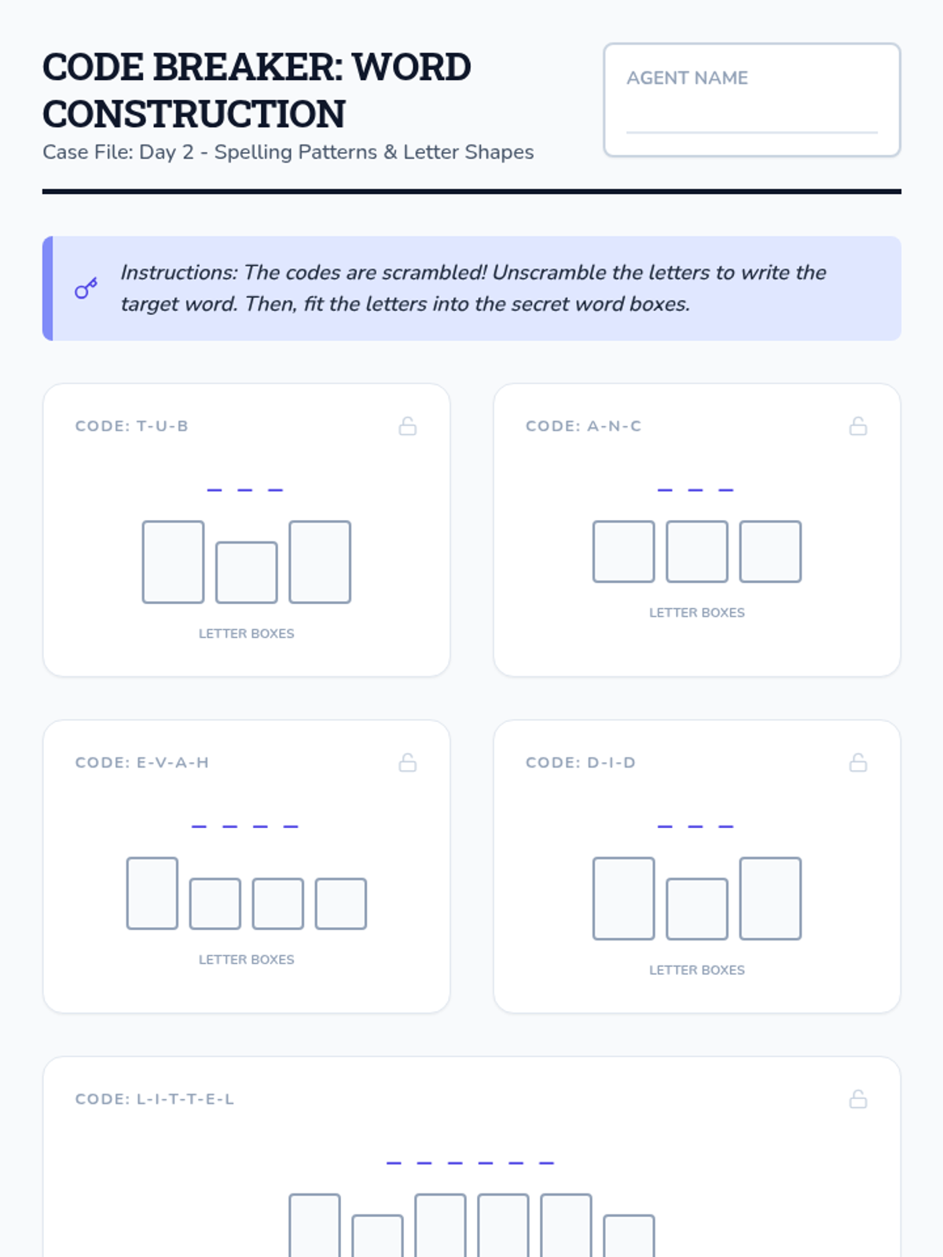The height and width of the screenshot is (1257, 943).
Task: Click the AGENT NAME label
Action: point(687,78)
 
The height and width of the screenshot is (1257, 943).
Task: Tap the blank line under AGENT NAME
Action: point(752,132)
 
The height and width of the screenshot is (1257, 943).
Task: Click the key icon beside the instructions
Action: point(86,288)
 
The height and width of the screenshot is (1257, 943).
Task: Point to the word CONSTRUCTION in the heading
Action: point(194,113)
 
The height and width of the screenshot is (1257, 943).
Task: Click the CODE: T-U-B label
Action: point(132,426)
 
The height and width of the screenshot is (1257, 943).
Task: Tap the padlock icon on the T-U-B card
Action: point(408,426)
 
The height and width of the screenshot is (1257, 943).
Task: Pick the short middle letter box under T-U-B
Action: point(246,572)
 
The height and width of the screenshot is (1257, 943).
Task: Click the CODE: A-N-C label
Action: point(583,426)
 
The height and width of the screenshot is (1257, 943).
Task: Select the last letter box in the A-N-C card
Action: point(770,552)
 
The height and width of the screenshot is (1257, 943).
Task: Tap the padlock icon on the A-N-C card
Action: point(858,426)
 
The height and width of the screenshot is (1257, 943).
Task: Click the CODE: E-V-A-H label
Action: point(142,763)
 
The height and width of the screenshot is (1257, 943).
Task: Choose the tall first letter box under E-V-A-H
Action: point(152,892)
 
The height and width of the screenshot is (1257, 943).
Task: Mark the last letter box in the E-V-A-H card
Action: point(341,903)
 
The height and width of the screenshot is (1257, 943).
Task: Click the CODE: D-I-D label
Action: point(581,763)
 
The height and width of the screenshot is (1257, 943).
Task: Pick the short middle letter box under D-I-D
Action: point(697,909)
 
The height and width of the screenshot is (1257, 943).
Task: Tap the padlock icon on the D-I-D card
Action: point(858,763)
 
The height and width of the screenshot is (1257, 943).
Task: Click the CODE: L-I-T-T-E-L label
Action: point(155,1100)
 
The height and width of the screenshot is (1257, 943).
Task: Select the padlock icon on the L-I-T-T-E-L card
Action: point(858,1100)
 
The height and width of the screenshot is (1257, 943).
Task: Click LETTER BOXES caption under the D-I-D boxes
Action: point(697,970)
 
